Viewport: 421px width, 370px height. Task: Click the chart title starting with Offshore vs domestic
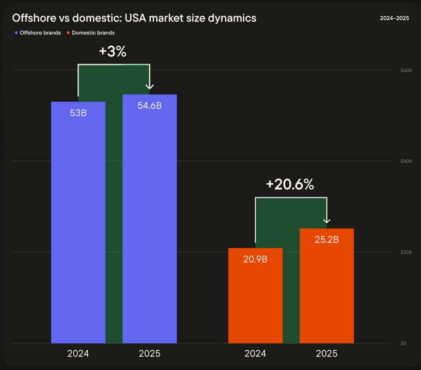tap(134, 18)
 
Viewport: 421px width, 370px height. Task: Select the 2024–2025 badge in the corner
tap(395, 18)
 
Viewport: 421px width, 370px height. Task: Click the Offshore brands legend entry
tap(38, 33)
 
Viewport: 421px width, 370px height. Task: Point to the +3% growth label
tap(112, 52)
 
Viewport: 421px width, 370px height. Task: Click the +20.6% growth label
tap(290, 185)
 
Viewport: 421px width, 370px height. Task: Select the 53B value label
tap(78, 113)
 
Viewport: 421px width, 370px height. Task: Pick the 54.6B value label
tap(149, 106)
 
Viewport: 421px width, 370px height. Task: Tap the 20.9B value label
tap(255, 259)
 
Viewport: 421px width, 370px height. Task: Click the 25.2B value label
tap(326, 240)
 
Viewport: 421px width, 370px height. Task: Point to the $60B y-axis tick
tap(406, 70)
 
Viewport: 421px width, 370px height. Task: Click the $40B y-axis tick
tap(406, 161)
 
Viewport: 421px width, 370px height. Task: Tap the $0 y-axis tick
tap(403, 344)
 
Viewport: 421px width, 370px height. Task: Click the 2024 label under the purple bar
tap(78, 353)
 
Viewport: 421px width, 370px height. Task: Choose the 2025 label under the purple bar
tap(149, 353)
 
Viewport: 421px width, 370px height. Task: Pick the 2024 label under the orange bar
tap(255, 353)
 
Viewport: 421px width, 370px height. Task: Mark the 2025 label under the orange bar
tap(326, 353)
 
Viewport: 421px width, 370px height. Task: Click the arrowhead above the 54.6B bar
tap(150, 86)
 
